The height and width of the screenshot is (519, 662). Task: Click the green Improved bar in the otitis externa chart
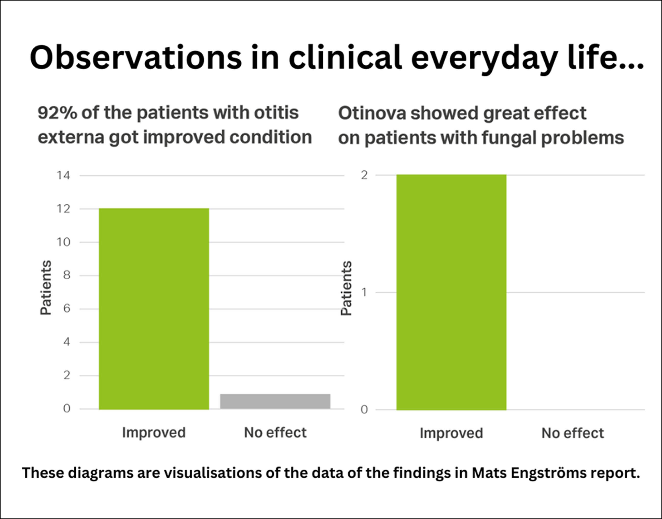[x=154, y=308]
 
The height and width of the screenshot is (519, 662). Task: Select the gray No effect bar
[x=275, y=401]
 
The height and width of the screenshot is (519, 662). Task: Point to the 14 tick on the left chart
[x=63, y=175]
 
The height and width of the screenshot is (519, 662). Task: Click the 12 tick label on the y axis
[x=63, y=209]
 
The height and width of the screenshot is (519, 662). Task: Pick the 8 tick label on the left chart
[x=66, y=275]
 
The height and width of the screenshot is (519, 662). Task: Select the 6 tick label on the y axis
[x=66, y=309]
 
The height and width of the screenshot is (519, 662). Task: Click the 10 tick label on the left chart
[x=63, y=242]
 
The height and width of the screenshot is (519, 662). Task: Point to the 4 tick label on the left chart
[x=66, y=342]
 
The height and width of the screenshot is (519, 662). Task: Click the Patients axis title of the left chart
[x=46, y=288]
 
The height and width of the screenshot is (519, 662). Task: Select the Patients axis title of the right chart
[x=346, y=288]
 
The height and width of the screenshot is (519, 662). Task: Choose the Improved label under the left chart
[x=154, y=432]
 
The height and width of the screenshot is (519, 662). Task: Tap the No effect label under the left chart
[x=275, y=432]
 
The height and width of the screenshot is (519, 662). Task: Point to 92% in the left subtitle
[x=57, y=113]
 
